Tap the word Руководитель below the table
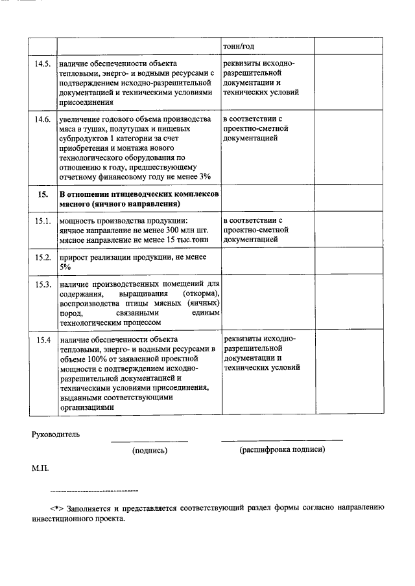click(56, 434)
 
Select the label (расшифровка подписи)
click(281, 449)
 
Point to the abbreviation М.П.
click(40, 466)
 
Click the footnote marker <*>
click(58, 508)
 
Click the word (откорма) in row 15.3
click(198, 294)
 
